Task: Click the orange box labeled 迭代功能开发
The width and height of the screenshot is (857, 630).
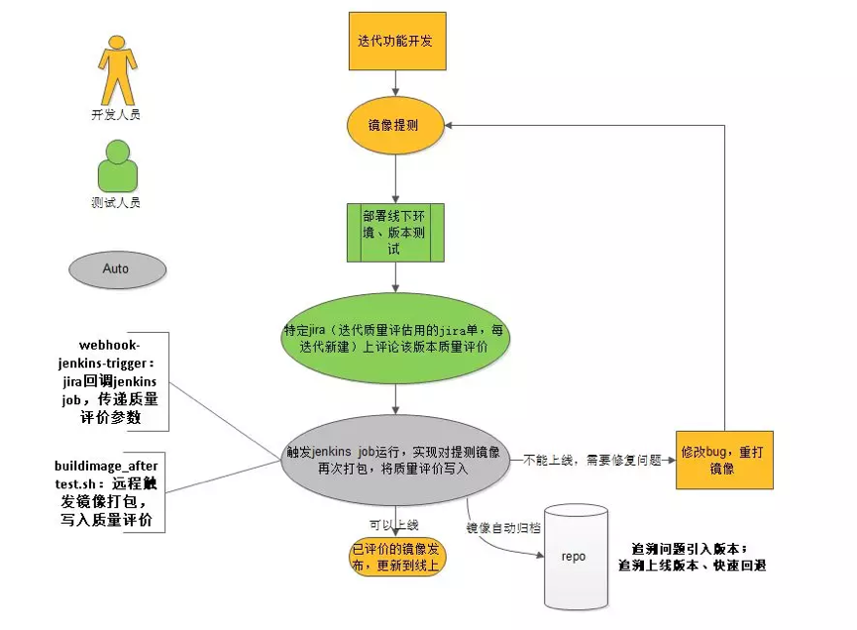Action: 396,43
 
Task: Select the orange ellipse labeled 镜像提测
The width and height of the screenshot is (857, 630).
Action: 396,127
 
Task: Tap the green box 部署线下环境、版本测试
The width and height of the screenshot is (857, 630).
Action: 394,233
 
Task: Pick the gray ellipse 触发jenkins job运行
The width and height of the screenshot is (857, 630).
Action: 394,458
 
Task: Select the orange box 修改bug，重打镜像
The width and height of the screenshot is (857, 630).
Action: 724,460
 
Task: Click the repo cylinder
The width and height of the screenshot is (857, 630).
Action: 574,556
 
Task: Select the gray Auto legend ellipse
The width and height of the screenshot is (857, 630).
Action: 117,268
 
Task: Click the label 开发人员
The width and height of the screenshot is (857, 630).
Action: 117,115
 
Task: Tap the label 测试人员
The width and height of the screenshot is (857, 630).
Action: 117,203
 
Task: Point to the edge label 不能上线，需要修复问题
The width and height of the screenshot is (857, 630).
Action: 592,461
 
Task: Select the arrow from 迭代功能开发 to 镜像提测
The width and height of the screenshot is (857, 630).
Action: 396,86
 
